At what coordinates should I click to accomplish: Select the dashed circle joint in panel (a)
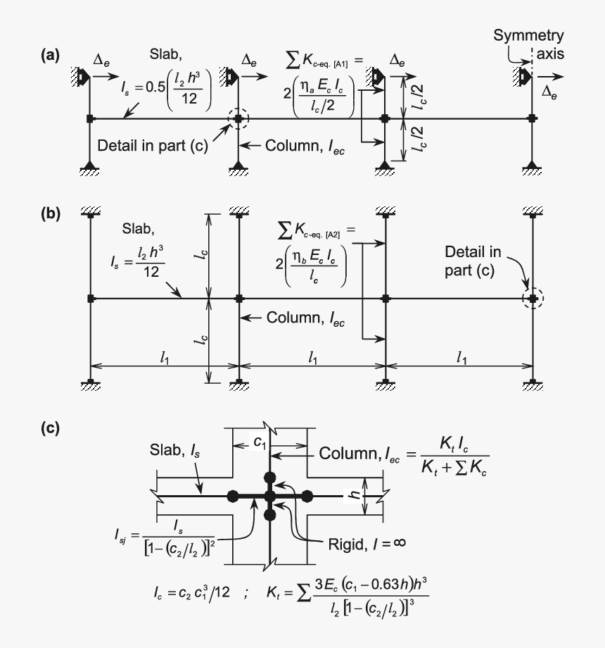238,118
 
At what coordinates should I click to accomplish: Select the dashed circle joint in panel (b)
533,299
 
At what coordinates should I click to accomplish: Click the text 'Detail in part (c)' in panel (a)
146,146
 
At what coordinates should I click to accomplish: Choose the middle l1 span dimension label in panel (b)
312,359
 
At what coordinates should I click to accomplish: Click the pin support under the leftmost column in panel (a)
89,167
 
